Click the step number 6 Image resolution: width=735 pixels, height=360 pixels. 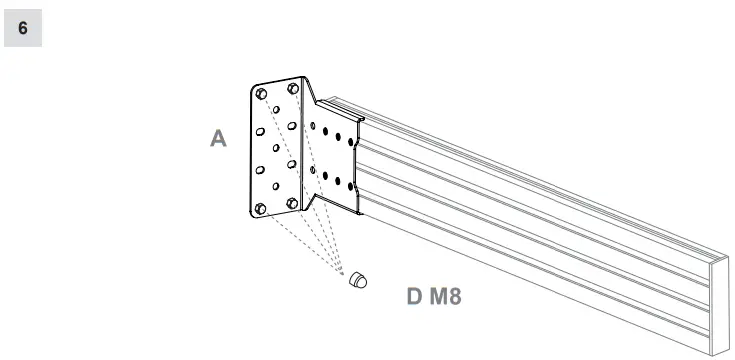pyautogui.click(x=23, y=28)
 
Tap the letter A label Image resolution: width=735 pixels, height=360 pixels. pyautogui.click(x=218, y=139)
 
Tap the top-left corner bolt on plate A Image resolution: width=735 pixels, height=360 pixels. pyautogui.click(x=262, y=93)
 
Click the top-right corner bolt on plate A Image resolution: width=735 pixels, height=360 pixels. pyautogui.click(x=293, y=89)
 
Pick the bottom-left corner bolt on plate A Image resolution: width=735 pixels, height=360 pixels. pyautogui.click(x=261, y=208)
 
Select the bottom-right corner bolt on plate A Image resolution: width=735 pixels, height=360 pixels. pyautogui.click(x=292, y=203)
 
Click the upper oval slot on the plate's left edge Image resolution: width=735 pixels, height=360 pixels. pyautogui.click(x=260, y=131)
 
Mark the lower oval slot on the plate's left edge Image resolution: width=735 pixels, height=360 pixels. pyautogui.click(x=260, y=170)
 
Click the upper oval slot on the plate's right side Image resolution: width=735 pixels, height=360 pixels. pyautogui.click(x=292, y=127)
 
